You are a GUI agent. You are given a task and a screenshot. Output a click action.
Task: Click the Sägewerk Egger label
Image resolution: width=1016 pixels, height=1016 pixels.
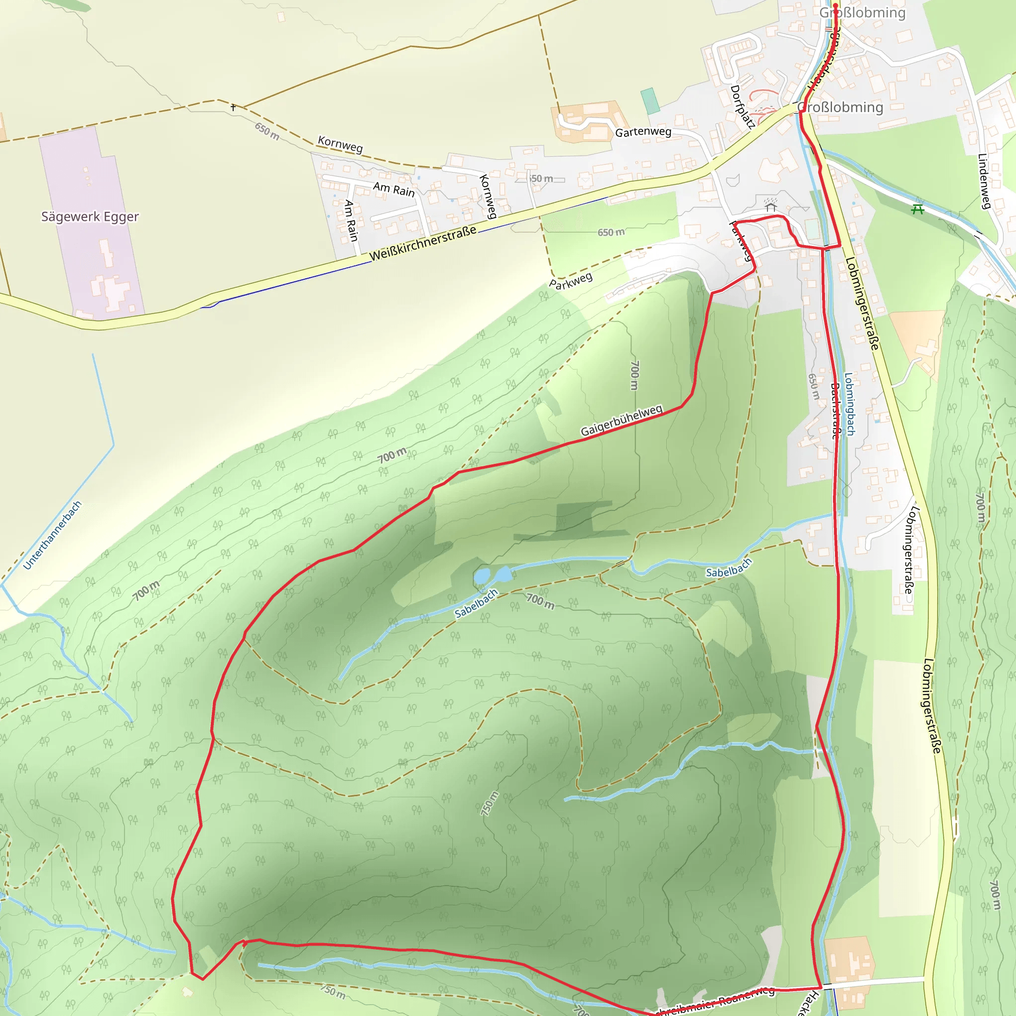(x=90, y=217)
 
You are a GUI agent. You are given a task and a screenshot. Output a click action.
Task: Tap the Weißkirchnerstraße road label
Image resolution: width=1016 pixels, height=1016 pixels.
(x=423, y=243)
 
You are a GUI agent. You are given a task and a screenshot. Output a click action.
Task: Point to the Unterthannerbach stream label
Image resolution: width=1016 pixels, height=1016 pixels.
(x=53, y=535)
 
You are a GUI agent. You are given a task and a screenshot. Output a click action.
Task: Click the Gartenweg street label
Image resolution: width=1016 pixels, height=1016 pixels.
(x=643, y=131)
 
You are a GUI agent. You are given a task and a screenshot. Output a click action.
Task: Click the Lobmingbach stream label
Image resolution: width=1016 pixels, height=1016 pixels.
(x=849, y=404)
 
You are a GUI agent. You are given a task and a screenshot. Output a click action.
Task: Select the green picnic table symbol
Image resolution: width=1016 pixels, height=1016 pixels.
(x=918, y=209)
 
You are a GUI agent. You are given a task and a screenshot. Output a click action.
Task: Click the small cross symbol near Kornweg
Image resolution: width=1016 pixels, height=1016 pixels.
(x=233, y=107)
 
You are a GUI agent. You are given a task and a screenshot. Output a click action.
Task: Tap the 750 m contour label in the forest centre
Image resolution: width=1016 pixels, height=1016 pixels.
(x=489, y=804)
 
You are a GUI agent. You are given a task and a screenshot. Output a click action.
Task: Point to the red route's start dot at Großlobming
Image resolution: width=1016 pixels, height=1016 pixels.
(x=835, y=6)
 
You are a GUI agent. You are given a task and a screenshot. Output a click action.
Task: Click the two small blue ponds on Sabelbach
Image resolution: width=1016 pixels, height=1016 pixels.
(x=492, y=575)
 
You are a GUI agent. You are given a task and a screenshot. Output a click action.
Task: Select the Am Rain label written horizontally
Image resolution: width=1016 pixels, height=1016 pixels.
(x=394, y=189)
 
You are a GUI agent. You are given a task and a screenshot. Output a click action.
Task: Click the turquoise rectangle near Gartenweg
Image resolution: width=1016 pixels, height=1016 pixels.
(x=650, y=101)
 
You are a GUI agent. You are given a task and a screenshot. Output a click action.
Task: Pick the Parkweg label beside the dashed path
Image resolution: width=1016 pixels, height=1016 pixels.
(x=571, y=280)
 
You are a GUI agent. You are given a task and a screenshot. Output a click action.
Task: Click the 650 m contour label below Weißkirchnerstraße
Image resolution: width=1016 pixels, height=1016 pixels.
(x=611, y=232)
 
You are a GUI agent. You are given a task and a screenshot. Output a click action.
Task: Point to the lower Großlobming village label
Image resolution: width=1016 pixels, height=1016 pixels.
(x=840, y=107)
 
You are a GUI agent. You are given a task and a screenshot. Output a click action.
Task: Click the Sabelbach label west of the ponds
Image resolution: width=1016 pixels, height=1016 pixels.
(x=476, y=603)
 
